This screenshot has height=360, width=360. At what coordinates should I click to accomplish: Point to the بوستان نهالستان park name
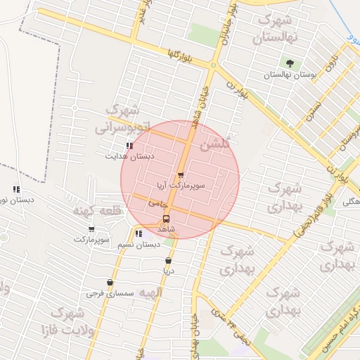coord(290,74)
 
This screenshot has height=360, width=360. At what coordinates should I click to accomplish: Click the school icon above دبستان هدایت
coord(129,146)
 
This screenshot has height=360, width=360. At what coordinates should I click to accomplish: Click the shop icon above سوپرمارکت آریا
coord(181,175)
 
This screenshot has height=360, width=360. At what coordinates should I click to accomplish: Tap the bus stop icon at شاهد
coord(166,219)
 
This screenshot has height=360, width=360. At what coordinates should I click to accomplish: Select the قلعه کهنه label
coord(97,210)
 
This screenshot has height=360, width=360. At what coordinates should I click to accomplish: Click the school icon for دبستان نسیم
coord(139,233)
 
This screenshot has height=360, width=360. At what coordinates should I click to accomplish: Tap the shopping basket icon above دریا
coord(168,261)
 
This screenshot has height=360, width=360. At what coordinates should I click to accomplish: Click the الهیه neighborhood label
coord(151,292)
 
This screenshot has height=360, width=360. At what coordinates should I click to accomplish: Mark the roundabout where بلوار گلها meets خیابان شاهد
coord(212,65)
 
